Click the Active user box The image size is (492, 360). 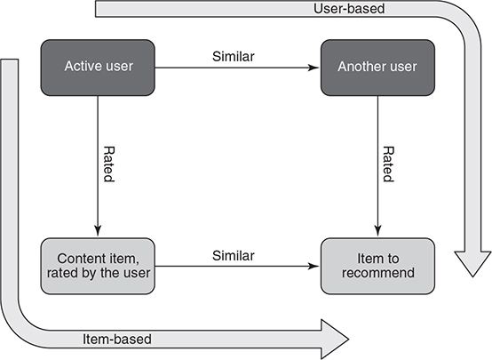click(98, 68)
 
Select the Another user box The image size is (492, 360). click(377, 68)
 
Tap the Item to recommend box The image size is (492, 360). click(377, 266)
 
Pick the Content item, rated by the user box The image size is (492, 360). click(98, 266)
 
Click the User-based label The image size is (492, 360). click(349, 9)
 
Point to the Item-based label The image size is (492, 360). click(117, 340)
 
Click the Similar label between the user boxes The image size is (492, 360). click(234, 57)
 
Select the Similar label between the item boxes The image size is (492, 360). click(234, 256)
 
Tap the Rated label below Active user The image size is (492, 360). click(109, 164)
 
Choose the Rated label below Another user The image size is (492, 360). click(388, 164)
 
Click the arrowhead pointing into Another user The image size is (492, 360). click(313, 68)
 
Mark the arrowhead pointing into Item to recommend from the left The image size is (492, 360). click(313, 267)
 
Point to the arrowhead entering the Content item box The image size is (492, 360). click(98, 231)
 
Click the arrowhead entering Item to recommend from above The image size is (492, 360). click(377, 231)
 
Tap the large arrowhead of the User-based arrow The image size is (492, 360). click(472, 262)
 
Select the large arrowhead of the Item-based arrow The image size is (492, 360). click(334, 340)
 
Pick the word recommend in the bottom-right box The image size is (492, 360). click(378, 273)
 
